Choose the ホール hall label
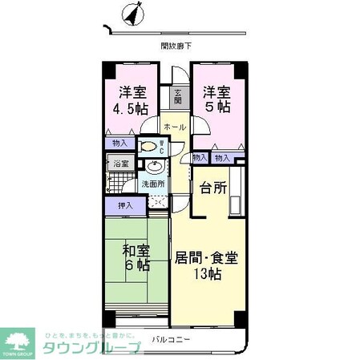(x=175, y=127)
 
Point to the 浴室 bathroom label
(x=119, y=164)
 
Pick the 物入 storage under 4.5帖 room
(x=119, y=144)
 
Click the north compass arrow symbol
(x=130, y=15)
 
